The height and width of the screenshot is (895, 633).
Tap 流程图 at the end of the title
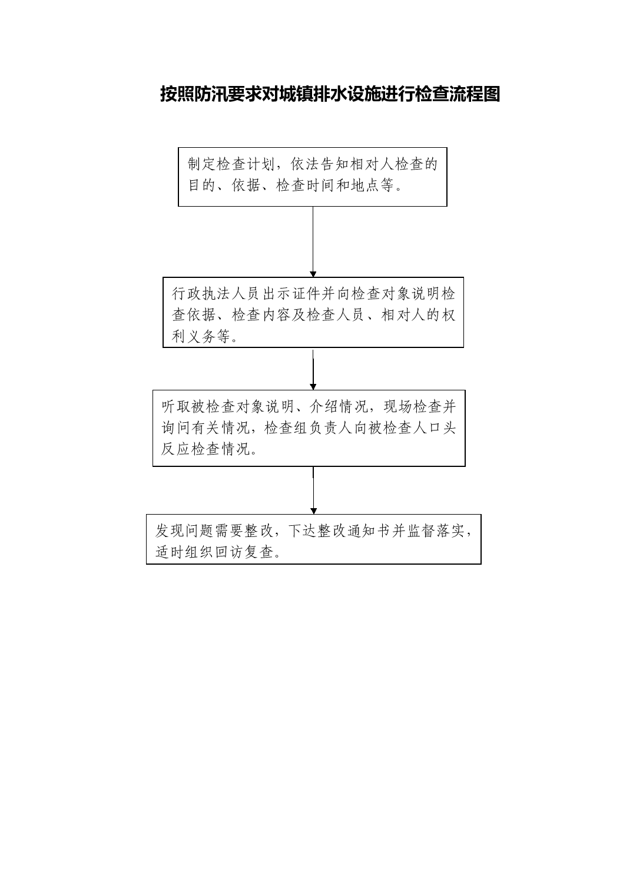475,94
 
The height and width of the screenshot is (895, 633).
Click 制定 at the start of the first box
202,164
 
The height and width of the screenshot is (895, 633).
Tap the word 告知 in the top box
335,164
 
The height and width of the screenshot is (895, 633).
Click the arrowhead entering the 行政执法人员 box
313,274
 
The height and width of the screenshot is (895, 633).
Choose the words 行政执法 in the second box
202,294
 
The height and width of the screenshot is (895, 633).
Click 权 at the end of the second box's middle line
448,315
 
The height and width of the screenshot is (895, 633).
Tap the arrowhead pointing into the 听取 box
313,387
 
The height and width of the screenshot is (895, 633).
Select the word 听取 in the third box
176,407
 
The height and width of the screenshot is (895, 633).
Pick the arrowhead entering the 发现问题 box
313,511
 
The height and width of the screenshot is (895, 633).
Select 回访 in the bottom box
230,552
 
